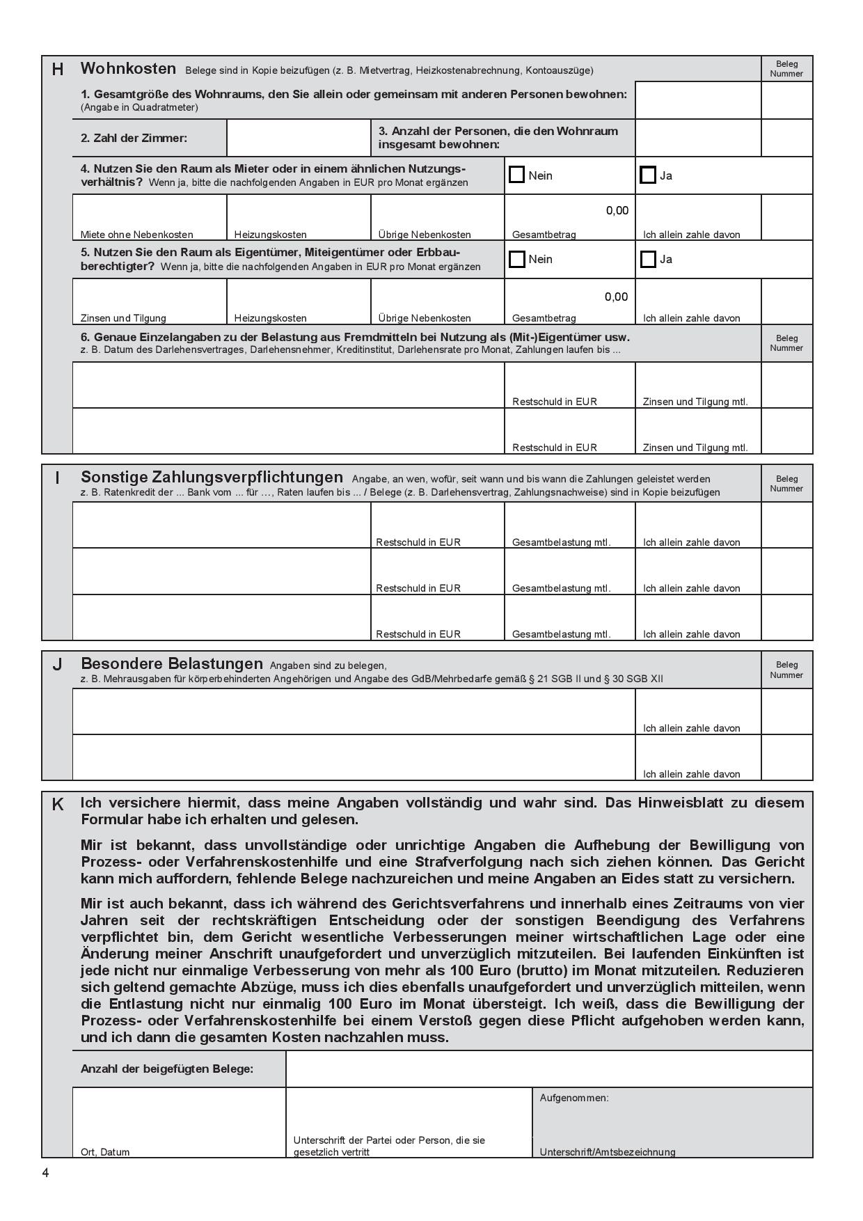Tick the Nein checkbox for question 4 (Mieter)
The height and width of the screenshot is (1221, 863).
[516, 175]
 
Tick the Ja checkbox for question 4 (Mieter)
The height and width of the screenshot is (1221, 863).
[648, 175]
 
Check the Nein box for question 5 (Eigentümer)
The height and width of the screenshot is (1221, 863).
[516, 259]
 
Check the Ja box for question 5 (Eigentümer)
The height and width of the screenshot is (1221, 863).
[648, 259]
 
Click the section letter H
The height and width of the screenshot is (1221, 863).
[58, 69]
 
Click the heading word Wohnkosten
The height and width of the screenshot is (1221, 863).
[128, 68]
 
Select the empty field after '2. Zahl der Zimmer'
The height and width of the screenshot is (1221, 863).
[299, 138]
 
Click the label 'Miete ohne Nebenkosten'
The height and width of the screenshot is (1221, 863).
[137, 235]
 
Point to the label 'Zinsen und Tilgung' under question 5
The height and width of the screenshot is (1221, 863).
[123, 318]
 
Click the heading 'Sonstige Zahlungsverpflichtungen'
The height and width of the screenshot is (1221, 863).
[212, 477]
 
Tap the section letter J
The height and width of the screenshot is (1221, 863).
[58, 664]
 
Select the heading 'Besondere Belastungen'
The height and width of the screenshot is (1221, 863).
[172, 663]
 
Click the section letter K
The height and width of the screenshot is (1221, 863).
[58, 804]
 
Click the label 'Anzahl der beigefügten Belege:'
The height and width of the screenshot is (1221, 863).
[167, 1069]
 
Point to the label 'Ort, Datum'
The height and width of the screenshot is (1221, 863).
[105, 1152]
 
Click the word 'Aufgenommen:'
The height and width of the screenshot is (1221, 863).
[574, 1098]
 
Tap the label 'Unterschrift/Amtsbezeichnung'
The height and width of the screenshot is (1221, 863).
[608, 1152]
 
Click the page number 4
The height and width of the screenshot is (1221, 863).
[46, 1173]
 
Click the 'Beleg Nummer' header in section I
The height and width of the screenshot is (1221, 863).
[786, 483]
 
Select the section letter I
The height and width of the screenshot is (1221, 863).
[58, 478]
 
